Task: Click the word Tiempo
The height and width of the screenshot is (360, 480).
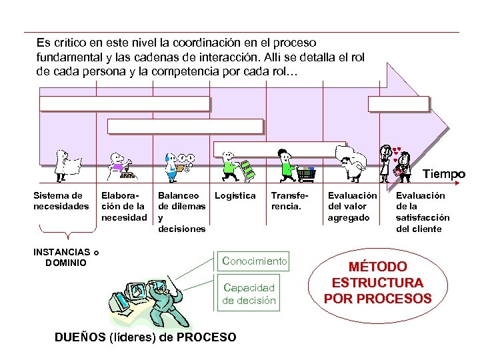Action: tap(445, 175)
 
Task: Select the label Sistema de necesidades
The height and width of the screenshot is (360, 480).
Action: tap(61, 201)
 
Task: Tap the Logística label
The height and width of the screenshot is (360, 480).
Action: tap(235, 196)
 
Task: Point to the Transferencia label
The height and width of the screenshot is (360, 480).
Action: tap(287, 201)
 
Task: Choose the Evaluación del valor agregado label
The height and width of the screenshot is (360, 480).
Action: tap(352, 206)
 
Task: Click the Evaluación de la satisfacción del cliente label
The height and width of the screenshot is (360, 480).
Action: tap(423, 212)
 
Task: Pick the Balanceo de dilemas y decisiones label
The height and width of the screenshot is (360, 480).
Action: tap(181, 212)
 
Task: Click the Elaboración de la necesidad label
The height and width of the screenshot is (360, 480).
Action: tap(123, 206)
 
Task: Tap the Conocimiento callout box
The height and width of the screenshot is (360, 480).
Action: tap(254, 261)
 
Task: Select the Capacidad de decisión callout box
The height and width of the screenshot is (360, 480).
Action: tap(249, 293)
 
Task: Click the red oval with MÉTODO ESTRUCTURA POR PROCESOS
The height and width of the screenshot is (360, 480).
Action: tap(377, 283)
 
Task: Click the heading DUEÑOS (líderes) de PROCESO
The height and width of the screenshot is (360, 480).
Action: tap(145, 337)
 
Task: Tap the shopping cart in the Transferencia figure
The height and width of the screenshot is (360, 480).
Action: tap(306, 173)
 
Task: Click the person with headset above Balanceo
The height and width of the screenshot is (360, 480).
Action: tap(171, 163)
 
